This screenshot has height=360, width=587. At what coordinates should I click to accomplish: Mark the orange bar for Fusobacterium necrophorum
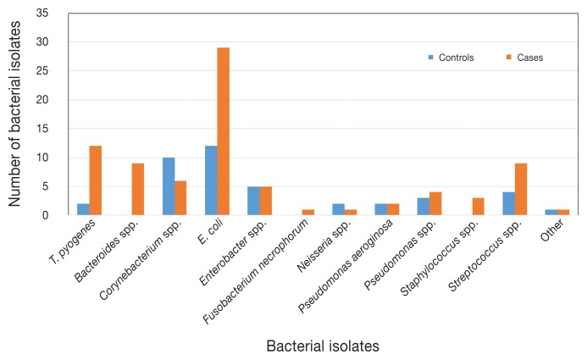coord(307,213)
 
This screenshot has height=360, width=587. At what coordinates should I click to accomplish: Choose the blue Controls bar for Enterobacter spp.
coord(253,201)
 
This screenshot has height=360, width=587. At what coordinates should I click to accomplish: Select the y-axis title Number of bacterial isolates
coord(15,114)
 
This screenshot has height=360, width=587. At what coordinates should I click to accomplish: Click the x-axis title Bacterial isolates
coord(322,346)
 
